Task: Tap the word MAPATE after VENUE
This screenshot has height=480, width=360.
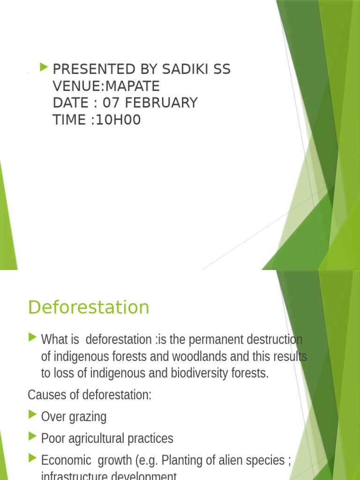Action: [x=133, y=86]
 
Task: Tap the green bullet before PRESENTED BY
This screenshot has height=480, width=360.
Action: [x=45, y=67]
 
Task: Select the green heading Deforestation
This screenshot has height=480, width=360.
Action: [x=89, y=307]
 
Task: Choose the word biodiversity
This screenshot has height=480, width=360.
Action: [x=206, y=374]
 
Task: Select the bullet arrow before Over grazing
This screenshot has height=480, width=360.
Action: [x=32, y=414]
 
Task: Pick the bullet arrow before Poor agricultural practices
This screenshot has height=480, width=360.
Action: [x=32, y=436]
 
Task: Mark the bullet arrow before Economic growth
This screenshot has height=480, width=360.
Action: [x=32, y=458]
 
